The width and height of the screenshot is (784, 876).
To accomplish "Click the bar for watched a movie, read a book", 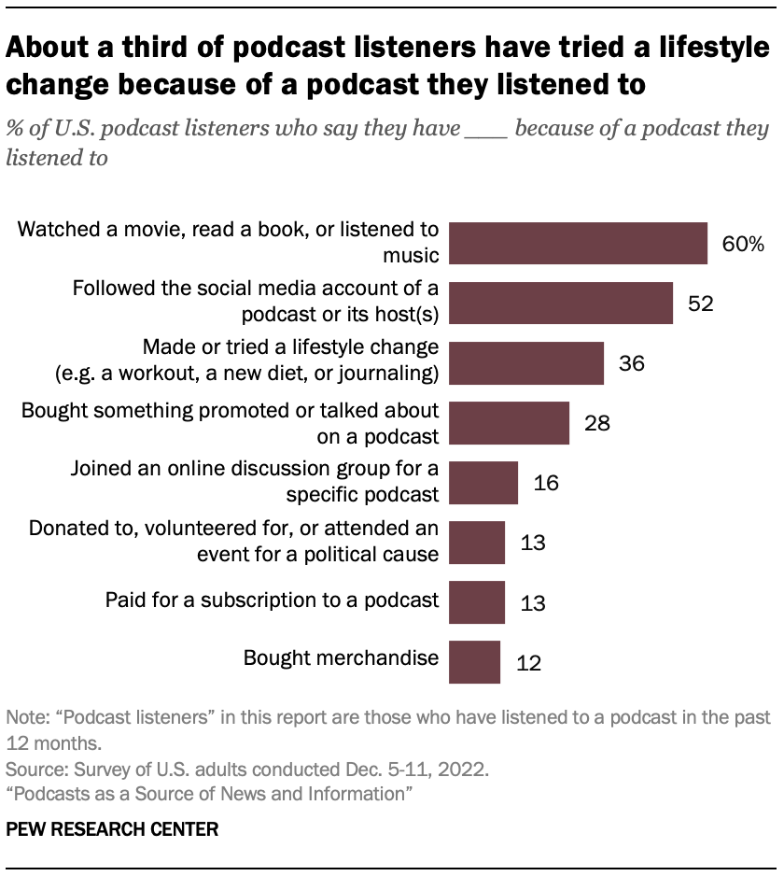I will [578, 244].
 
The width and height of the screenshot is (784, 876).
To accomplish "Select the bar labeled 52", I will [561, 303].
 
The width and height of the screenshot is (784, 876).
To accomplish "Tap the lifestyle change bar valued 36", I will [526, 362].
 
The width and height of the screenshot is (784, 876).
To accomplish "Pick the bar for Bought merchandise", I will [474, 662].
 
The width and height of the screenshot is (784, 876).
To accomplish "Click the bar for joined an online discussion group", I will [483, 482].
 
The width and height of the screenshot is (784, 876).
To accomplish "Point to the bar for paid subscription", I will [477, 602].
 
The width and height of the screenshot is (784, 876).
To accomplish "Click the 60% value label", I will [743, 245].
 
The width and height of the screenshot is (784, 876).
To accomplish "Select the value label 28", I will [597, 423].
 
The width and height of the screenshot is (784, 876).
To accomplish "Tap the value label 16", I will [546, 483].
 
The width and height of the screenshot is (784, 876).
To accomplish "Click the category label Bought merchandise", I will [341, 657].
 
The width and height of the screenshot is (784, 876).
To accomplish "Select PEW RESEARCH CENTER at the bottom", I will [112, 828].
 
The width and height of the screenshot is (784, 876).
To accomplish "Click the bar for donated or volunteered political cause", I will [477, 543].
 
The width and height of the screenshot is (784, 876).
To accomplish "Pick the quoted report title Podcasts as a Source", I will [211, 793].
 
